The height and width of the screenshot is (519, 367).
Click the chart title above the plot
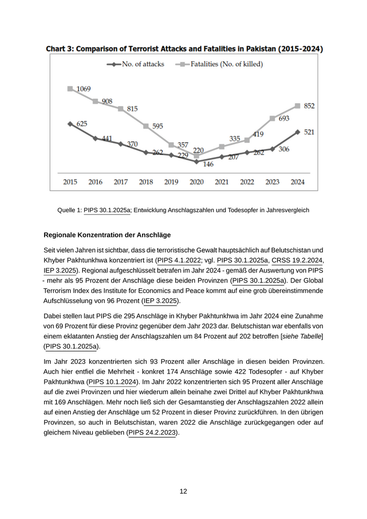184,49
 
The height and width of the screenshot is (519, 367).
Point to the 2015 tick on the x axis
70,182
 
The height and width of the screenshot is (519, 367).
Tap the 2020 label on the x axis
196,182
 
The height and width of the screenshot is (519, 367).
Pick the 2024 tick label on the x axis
297,182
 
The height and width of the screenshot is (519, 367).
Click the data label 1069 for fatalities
83,89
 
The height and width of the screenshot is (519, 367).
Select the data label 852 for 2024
309,106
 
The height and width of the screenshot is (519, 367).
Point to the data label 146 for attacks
208,164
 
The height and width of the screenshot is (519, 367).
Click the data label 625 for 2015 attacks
82,124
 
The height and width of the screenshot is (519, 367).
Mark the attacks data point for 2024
297,132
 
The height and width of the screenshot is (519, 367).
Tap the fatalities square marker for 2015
70,89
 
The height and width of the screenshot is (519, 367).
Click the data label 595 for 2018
157,126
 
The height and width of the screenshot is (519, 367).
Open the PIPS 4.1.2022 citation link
179,260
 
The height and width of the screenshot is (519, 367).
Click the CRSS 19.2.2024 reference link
297,260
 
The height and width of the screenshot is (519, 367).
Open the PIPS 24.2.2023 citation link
153,433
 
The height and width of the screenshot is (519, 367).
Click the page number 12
183,491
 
